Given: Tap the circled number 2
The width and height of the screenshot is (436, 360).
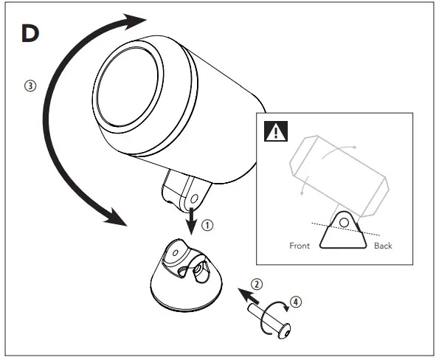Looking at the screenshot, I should pos(256,283).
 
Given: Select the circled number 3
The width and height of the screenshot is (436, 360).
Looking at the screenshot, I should pos(29,85).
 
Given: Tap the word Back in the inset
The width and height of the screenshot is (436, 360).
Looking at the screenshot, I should pos(383,245).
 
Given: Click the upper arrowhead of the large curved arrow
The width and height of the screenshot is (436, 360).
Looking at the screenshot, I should pos(132,21).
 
